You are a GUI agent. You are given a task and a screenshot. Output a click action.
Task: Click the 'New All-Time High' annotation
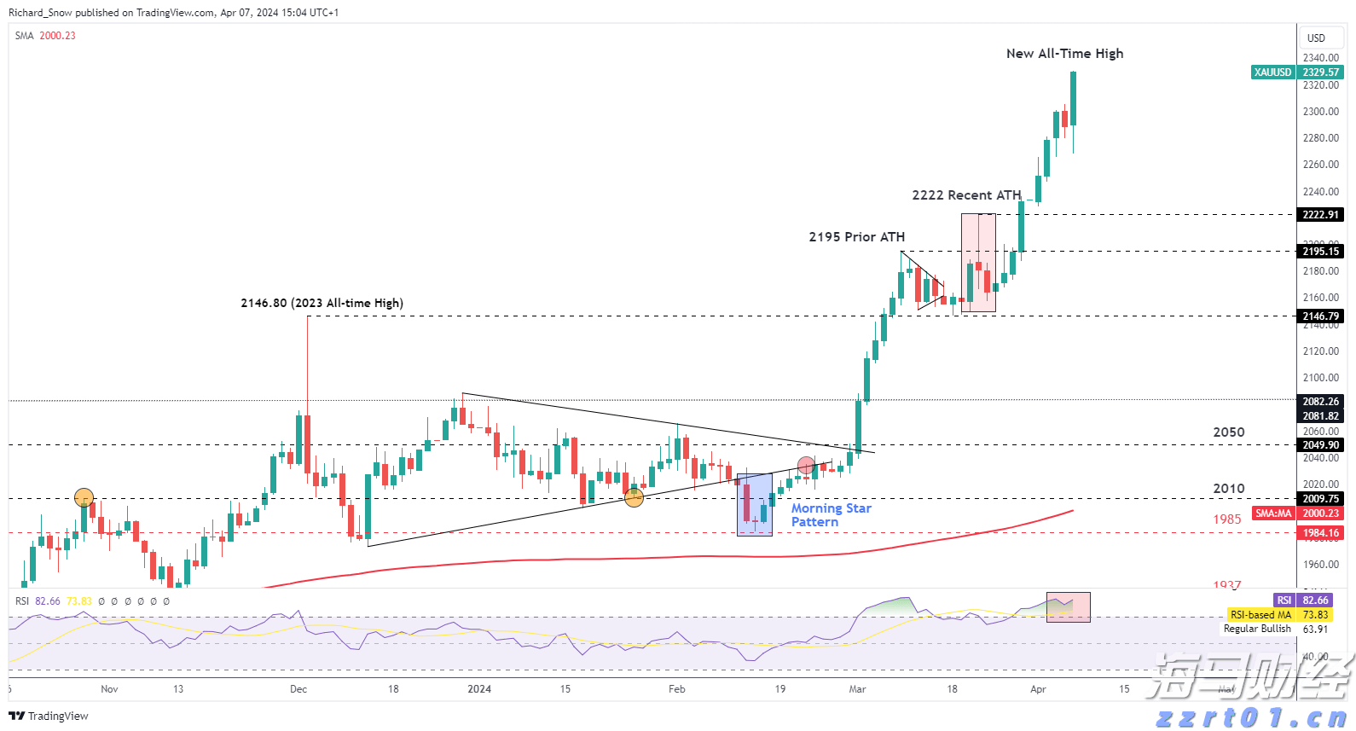[x=1064, y=54]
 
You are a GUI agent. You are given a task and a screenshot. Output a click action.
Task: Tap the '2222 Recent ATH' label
[x=966, y=195]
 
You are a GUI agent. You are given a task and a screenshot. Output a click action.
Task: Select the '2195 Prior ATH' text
[x=856, y=237]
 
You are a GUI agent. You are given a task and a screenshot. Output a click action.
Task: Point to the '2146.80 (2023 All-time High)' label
[x=322, y=303]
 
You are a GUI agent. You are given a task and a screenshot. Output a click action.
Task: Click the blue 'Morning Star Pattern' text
[x=831, y=515]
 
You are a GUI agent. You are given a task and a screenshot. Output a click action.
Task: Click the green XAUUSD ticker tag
[x=1272, y=73]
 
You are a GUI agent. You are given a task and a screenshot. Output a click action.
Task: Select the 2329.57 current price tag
[x=1321, y=73]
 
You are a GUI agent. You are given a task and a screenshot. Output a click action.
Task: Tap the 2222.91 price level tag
[x=1321, y=215]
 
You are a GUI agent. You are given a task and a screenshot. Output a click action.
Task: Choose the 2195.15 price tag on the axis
[x=1321, y=252]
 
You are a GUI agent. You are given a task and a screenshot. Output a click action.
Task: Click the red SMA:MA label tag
[x=1273, y=513]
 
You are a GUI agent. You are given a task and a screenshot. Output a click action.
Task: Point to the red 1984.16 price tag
[x=1321, y=533]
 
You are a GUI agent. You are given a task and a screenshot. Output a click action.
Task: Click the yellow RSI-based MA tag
[x=1260, y=615]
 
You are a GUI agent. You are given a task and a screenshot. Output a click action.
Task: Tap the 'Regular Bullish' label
[x=1257, y=629]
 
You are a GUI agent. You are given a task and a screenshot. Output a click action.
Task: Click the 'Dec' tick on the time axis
[x=298, y=689]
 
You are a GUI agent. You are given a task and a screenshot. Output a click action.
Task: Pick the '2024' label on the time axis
[x=479, y=689]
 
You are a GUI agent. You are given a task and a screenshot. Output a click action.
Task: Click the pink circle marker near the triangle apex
[x=806, y=465]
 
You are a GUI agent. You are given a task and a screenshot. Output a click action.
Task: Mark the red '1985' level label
[x=1227, y=519]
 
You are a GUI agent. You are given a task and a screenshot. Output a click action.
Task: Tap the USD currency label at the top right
[x=1316, y=38]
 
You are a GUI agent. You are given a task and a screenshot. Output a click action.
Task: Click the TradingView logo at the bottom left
[x=49, y=716]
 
